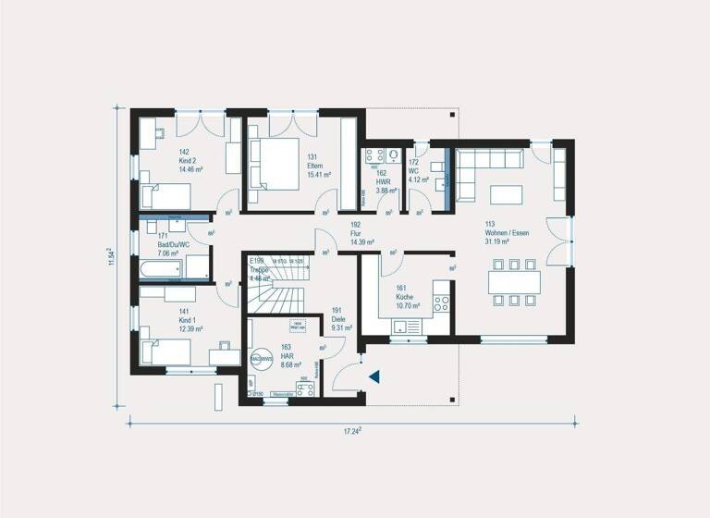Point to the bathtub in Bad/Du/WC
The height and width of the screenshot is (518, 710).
click(162, 269)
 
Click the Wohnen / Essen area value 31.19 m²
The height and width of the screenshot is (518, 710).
click(501, 241)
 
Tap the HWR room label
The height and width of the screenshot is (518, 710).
click(382, 181)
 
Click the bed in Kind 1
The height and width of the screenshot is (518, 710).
click(166, 351)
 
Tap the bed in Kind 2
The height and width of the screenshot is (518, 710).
click(166, 196)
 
